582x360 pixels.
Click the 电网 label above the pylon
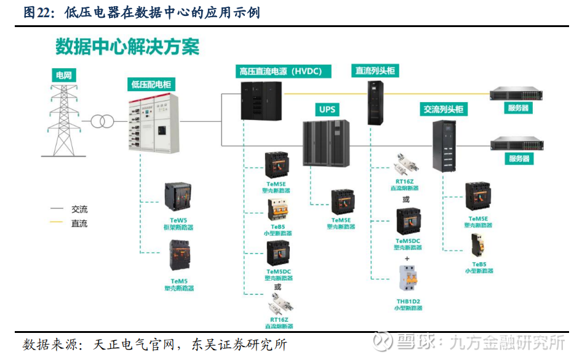click(64, 76)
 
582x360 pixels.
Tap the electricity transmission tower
click(64, 119)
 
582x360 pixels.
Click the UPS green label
click(326, 110)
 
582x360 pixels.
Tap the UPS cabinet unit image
click(326, 143)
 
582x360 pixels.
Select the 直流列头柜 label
click(376, 71)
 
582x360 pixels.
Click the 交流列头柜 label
click(443, 110)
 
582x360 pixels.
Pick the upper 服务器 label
click(518, 108)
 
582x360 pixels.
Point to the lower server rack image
click(517, 144)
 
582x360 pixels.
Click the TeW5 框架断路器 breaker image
click(178, 196)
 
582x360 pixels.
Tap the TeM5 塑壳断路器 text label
click(179, 285)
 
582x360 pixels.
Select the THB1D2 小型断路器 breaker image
click(408, 281)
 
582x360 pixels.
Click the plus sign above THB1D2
click(407, 258)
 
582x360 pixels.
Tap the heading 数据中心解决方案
click(127, 47)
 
